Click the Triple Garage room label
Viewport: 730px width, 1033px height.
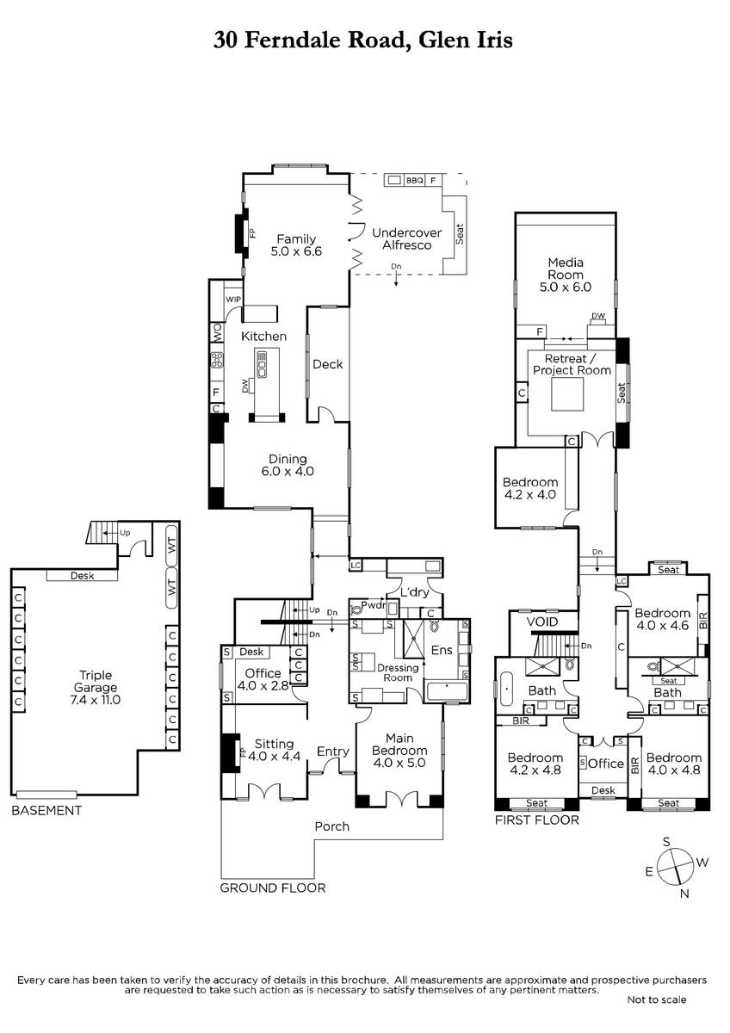95,687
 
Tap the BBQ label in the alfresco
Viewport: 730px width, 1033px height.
414,180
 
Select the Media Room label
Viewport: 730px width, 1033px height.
566,275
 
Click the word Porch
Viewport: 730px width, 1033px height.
331,826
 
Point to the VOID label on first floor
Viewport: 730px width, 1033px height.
541,622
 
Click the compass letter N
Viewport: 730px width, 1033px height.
684,894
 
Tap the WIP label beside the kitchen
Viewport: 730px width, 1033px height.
233,300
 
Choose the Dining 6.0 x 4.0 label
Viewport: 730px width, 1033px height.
288,465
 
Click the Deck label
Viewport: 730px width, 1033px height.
327,364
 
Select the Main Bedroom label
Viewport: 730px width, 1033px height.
399,751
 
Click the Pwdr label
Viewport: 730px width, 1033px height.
373,604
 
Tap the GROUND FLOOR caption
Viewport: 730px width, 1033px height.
273,888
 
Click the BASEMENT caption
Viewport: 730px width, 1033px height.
46,810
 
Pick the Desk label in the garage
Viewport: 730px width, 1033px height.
82,575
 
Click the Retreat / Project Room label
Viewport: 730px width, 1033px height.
572,364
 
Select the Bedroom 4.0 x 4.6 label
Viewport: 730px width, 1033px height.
662,619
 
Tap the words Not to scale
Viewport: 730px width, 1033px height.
656,999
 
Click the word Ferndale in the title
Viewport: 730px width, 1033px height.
293,40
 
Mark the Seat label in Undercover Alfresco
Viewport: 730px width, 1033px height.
460,234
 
